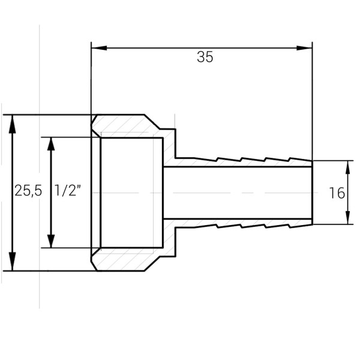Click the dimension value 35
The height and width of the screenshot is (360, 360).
pyautogui.click(x=205, y=58)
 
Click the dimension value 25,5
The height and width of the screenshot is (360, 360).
pyautogui.click(x=28, y=191)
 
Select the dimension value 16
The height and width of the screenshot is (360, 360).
pyautogui.click(x=337, y=193)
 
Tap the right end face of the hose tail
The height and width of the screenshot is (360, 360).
pyautogui.click(x=312, y=193)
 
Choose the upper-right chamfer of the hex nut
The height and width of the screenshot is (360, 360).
pyautogui.click(x=152, y=122)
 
